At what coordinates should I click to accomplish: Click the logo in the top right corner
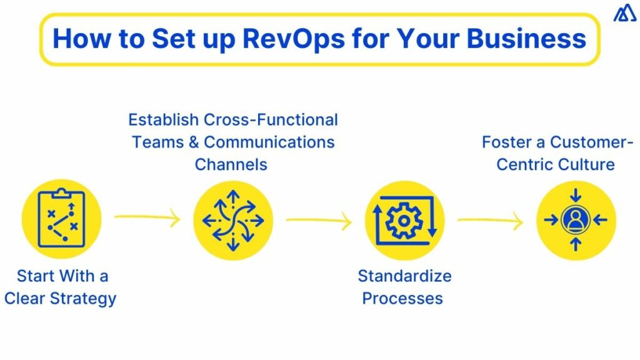coord(624,13)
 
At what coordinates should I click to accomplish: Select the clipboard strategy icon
coord(61,220)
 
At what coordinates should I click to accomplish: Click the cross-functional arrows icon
coord(232,220)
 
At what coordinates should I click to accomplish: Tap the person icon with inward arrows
coord(576,220)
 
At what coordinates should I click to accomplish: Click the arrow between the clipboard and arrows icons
coord(147,218)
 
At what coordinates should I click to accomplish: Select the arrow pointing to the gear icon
coord(319,220)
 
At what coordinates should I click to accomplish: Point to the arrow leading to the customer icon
coord(490,220)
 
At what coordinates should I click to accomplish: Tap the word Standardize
coord(404,276)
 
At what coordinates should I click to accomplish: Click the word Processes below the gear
coord(402,298)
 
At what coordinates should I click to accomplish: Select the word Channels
coord(231,164)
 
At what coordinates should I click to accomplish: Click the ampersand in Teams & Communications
coord(192,142)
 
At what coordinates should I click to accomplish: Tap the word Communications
coord(269,142)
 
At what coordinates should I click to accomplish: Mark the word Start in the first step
coord(36,276)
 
